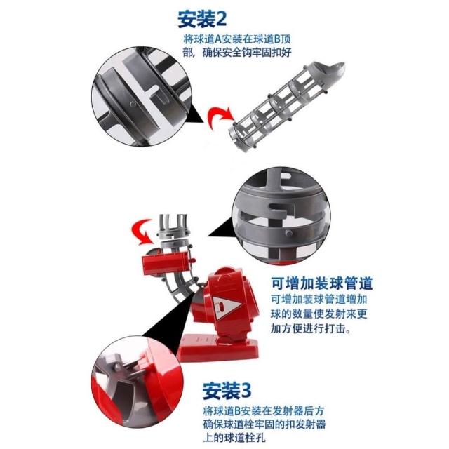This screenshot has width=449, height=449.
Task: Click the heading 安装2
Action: tap(202, 19)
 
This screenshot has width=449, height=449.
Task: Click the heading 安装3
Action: tap(227, 391)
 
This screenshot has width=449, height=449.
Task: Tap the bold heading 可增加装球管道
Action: tap(322, 283)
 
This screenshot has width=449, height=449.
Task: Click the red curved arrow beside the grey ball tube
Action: tap(219, 117)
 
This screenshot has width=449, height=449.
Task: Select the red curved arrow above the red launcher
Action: tap(143, 232)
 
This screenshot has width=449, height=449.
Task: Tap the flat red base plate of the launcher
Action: tap(217, 348)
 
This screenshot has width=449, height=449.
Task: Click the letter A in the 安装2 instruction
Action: tap(218, 39)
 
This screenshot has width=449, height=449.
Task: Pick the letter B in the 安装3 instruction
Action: tap(237, 411)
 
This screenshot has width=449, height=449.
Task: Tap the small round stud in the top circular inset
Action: tap(133, 104)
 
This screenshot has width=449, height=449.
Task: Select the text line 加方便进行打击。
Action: tap(311, 329)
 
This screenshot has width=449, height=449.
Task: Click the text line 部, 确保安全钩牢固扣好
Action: tap(237, 53)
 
